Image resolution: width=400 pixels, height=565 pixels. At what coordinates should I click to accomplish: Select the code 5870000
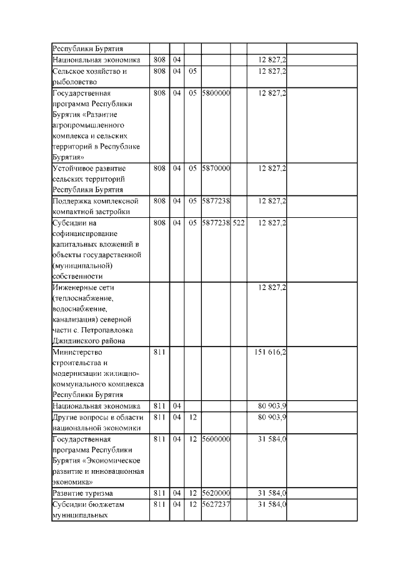coord(216,169)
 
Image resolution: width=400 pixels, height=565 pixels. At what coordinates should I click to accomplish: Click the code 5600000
coord(216,440)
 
